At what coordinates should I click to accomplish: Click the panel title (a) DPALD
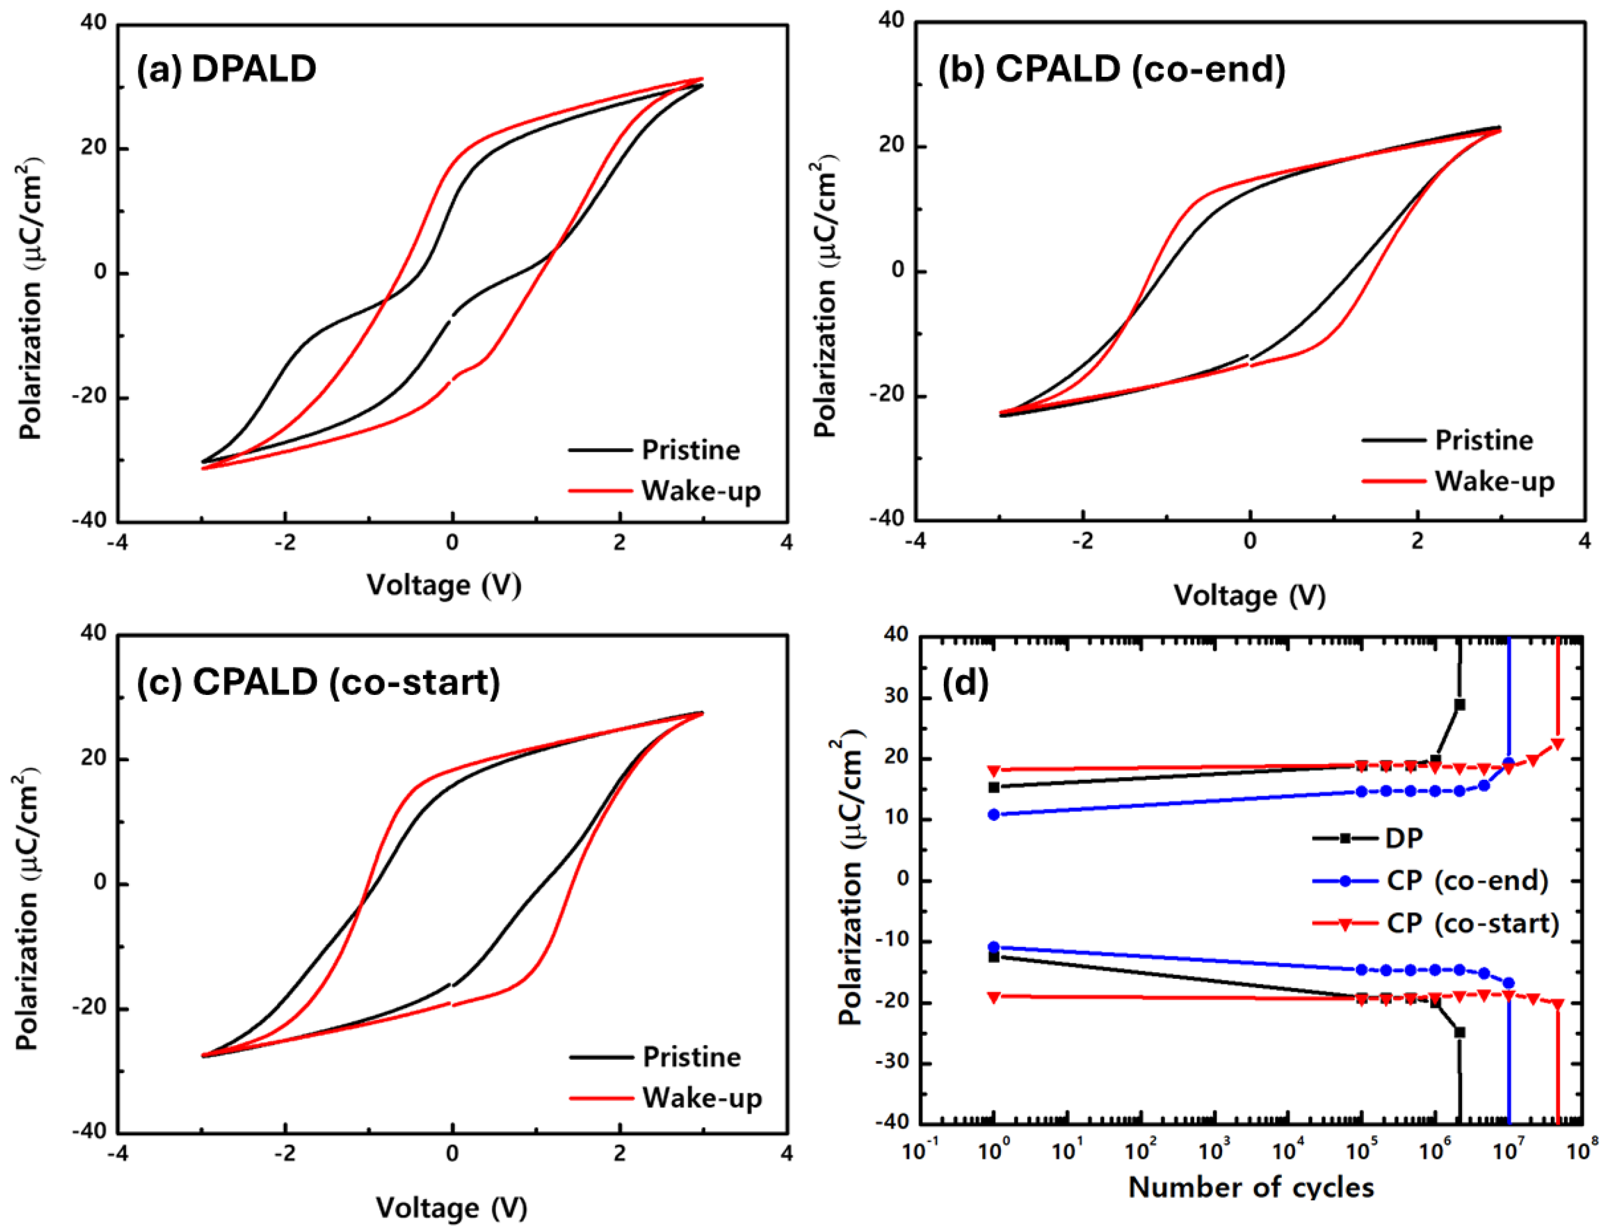click(x=226, y=70)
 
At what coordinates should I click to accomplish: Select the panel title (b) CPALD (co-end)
click(x=1112, y=70)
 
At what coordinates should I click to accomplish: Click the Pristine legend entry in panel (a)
click(x=690, y=449)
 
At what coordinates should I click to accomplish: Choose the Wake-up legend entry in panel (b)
click(x=1494, y=481)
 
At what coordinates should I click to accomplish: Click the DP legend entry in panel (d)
click(x=1403, y=838)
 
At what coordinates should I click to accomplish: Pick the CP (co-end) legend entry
click(x=1466, y=880)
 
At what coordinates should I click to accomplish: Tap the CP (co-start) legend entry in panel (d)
click(x=1472, y=922)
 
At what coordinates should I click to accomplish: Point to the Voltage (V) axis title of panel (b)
click(x=1250, y=596)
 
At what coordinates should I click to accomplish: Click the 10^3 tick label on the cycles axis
click(x=1212, y=1151)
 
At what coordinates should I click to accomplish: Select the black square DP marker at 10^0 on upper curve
click(x=994, y=788)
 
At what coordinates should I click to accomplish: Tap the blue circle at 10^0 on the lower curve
click(x=994, y=946)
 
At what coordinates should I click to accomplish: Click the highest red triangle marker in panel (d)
click(x=1557, y=744)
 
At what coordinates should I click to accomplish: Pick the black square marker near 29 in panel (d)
click(x=1459, y=704)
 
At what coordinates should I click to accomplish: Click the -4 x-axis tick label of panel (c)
click(x=117, y=1154)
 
